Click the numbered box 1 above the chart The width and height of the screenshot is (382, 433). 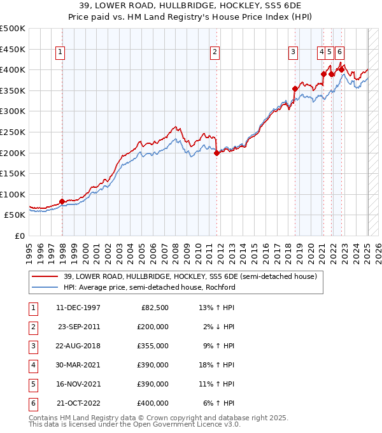point(59,53)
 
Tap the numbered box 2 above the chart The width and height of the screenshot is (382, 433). point(215,53)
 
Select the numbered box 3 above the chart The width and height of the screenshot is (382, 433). point(293,53)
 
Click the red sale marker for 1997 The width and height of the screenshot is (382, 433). point(62,201)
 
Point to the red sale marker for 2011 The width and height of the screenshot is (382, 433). point(216,153)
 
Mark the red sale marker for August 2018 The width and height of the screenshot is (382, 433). point(295,89)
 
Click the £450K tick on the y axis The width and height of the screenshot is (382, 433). point(13,49)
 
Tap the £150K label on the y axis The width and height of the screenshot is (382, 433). point(13,173)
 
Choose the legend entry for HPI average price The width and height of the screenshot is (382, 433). point(149,287)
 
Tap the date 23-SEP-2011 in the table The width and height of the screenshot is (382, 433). point(79,327)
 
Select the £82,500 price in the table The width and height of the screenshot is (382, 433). point(155,308)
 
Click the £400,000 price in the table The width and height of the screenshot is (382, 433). point(153,403)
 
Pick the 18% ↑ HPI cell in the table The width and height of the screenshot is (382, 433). point(218,365)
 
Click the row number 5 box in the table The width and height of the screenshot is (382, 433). point(32,384)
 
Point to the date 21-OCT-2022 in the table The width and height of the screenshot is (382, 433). point(78,403)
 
